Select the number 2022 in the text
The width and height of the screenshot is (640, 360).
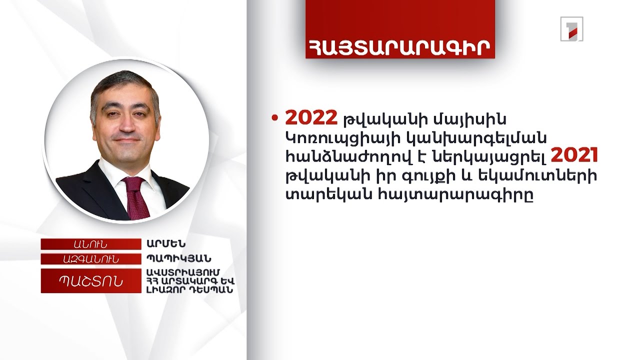tap(311, 118)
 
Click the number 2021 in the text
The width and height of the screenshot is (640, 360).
tap(574, 157)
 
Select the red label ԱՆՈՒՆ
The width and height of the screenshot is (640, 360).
tap(90, 244)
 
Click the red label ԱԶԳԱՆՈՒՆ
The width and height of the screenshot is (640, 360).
tap(90, 259)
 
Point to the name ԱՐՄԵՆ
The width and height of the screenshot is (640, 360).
tap(165, 244)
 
